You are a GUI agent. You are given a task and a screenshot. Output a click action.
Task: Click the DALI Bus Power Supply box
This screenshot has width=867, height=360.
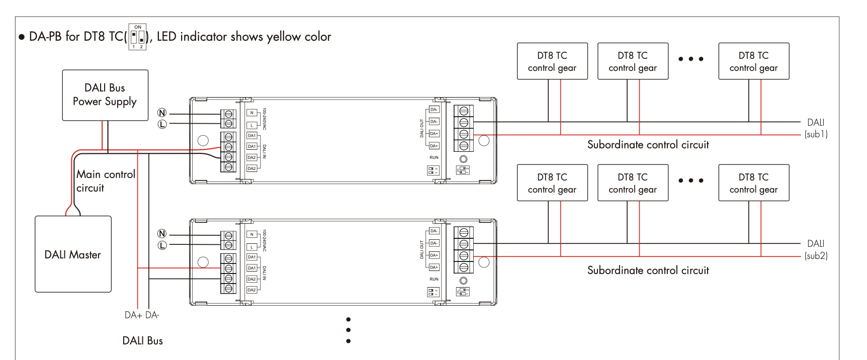point(105,95)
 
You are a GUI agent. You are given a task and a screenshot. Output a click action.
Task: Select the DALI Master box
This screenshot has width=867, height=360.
point(73,254)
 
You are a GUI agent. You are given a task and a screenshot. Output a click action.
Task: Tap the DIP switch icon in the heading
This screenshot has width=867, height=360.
point(137,37)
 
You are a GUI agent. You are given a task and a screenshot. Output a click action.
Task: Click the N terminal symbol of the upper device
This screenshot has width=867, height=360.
point(162,113)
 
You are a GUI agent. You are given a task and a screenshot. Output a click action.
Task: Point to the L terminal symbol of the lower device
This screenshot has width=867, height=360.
point(162,245)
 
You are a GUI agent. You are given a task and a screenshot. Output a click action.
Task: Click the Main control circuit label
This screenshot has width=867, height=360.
point(106,181)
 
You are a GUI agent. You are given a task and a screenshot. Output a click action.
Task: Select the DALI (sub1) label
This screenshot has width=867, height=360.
point(816,128)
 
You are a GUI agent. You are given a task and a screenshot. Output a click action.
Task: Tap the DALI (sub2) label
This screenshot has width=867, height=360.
point(816,250)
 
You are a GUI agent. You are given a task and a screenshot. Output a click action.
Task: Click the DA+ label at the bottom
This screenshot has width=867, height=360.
point(133,315)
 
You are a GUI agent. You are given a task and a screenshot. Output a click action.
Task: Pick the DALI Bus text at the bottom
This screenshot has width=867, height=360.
point(143,340)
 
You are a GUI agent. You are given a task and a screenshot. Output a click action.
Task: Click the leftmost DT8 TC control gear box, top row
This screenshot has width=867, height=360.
point(552,61)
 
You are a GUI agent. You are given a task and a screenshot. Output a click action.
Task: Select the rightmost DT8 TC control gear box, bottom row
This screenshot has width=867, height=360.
point(753,183)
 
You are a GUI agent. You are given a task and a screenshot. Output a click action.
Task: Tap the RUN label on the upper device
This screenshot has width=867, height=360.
point(434,157)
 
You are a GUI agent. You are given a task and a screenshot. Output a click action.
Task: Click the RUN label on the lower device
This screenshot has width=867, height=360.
point(434,279)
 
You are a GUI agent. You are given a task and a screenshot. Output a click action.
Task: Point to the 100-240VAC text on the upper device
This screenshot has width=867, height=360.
point(265,119)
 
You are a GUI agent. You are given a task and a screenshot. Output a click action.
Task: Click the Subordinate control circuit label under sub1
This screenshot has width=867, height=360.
point(648,145)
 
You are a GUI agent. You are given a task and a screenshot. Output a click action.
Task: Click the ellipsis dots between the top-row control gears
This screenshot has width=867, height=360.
point(691,59)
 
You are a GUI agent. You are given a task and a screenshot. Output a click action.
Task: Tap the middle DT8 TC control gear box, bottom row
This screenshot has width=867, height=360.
point(633,183)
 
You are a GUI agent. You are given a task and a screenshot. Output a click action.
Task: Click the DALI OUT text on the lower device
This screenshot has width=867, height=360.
point(422,249)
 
